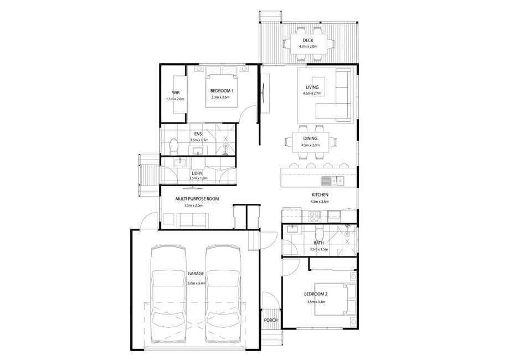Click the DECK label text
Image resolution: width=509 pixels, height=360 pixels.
[x=308, y=40]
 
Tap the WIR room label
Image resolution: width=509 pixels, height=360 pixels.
[x=176, y=92]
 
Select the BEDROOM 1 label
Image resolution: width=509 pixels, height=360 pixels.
[x=222, y=91]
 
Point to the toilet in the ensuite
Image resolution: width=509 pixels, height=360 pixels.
[x=174, y=146]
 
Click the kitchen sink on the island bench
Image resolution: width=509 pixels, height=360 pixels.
[x=333, y=181]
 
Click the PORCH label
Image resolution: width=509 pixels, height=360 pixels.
[x=271, y=320]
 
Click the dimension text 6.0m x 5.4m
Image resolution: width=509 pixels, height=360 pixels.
[x=197, y=284]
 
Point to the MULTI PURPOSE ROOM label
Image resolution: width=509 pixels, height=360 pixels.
[x=197, y=199]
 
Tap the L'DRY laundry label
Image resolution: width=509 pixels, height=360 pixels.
[x=197, y=173]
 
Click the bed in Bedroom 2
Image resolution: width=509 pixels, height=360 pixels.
[x=335, y=299]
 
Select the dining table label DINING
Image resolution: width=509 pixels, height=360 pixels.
[x=310, y=138]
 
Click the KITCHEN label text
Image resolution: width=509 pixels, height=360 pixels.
[x=320, y=195]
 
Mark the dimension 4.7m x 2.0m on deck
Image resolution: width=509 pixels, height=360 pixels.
[x=308, y=47]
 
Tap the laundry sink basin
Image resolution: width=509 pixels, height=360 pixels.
[x=179, y=162]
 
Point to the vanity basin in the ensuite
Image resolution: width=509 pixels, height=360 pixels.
[x=197, y=151]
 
